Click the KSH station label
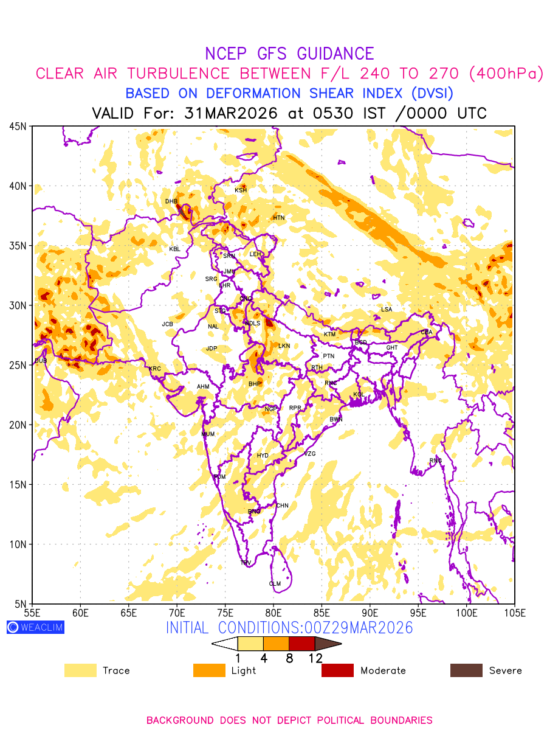click(x=241, y=190)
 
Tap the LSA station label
click(x=387, y=310)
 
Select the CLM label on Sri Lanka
click(x=275, y=584)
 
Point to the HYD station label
click(x=263, y=456)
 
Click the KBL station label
click(x=174, y=249)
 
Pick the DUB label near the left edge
click(x=41, y=361)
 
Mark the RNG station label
click(x=436, y=461)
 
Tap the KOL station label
click(x=359, y=395)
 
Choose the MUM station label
click(x=208, y=434)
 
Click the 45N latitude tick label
click(x=17, y=127)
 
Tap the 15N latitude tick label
click(x=17, y=485)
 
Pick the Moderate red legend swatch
click(x=337, y=670)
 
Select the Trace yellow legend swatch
click(x=80, y=670)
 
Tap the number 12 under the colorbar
click(x=315, y=658)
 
